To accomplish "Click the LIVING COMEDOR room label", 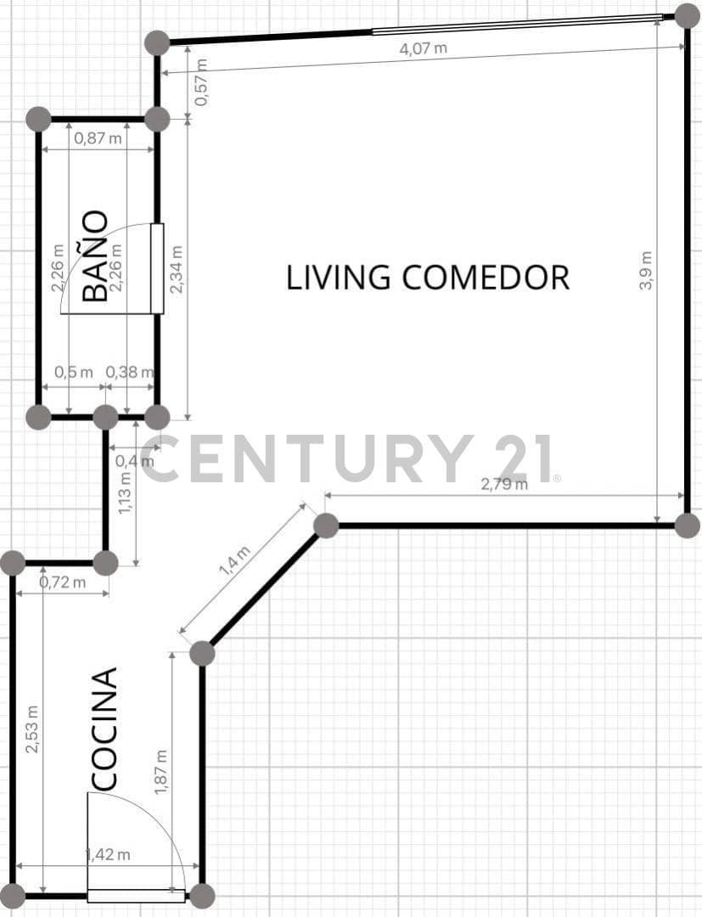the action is pos(427,277).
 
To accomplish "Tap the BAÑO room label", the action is pos(95,256).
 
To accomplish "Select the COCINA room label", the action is pos(105,729).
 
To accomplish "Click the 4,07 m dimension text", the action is pos(424,48).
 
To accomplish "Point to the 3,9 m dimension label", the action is pos(645,270).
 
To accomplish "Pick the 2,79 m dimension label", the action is pos(504,484).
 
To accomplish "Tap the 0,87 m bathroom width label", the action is pos(98,138).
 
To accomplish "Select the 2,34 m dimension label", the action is pos(176,269).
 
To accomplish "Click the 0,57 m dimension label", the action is pos(200,82).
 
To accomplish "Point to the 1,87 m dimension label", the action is pos(160,772).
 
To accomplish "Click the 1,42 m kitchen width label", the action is pos(108,854).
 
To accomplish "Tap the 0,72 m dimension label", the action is pos(63,582).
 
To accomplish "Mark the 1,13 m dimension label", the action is pos(125,494).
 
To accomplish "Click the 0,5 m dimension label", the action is pos(74,372).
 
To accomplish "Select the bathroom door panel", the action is pos(157,268).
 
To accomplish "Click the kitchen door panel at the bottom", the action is pos(136,896).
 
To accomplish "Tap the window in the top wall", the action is pos(517,24).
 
